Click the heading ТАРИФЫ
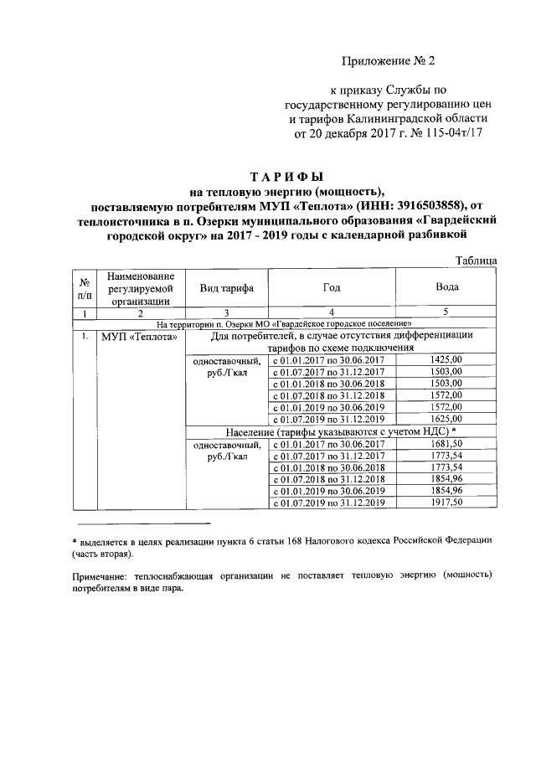[x=286, y=177]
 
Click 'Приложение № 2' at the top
[x=390, y=60]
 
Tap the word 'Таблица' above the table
[x=476, y=261]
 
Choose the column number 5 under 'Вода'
[x=446, y=312]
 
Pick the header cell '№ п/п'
[x=85, y=289]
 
